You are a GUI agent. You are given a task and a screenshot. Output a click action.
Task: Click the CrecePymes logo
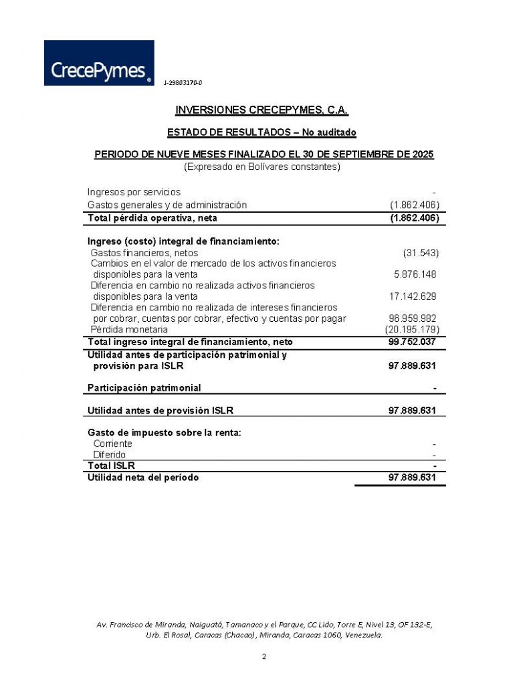point(99,63)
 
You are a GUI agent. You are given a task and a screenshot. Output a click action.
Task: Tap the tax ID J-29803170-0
point(183,82)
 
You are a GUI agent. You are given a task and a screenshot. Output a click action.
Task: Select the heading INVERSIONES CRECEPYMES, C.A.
point(261,110)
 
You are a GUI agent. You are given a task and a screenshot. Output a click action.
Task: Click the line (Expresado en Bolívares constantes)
point(262,167)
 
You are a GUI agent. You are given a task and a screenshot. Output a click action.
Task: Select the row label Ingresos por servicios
point(134,192)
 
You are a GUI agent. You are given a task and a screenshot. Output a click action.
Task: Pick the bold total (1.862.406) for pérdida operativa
point(414,217)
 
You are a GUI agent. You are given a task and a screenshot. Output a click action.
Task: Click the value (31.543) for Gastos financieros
point(421,252)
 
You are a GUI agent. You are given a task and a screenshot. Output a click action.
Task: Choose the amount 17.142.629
point(413,296)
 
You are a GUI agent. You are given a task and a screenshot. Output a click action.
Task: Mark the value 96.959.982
point(413,318)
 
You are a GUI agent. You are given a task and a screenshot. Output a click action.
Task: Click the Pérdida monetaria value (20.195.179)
point(412,330)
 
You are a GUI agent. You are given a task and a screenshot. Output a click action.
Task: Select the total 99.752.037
point(413,342)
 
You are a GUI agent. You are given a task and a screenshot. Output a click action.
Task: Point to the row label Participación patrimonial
point(144,388)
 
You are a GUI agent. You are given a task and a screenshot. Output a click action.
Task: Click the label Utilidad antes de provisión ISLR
point(161,410)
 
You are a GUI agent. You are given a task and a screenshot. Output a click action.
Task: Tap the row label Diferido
point(110,455)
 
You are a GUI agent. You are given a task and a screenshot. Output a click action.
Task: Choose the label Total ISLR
point(111,466)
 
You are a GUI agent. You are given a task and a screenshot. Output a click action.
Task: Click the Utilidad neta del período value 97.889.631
point(413,478)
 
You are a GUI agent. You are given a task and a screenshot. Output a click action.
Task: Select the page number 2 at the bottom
point(264,656)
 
